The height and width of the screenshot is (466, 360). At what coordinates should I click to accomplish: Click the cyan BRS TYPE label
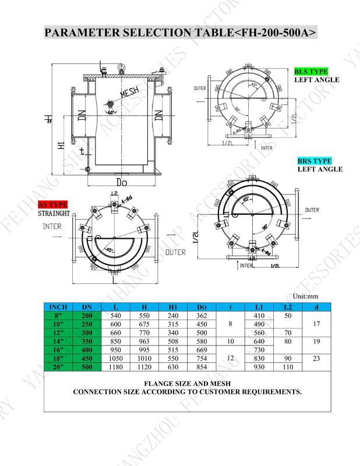click(x=315, y=161)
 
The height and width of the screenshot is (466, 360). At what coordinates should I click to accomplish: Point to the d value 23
click(x=316, y=358)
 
